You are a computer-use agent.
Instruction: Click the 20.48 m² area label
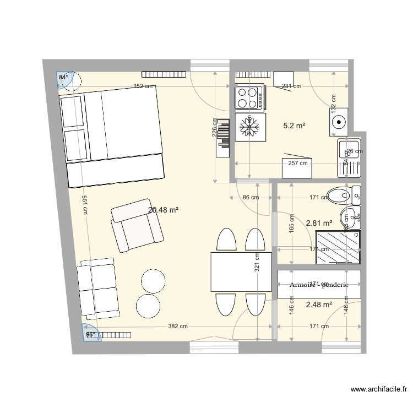pos(164,209)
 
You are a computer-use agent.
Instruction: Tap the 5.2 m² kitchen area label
pos(294,126)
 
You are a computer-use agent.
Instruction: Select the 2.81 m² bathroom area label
pos(319,223)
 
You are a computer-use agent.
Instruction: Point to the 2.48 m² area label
pos(319,304)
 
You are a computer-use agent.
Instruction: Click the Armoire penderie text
pos(319,285)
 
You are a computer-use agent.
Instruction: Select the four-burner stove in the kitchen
pos(249,97)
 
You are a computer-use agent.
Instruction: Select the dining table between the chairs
pos(241,271)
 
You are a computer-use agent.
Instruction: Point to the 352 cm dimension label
pos(142,86)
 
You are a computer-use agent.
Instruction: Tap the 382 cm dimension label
pos(178,326)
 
